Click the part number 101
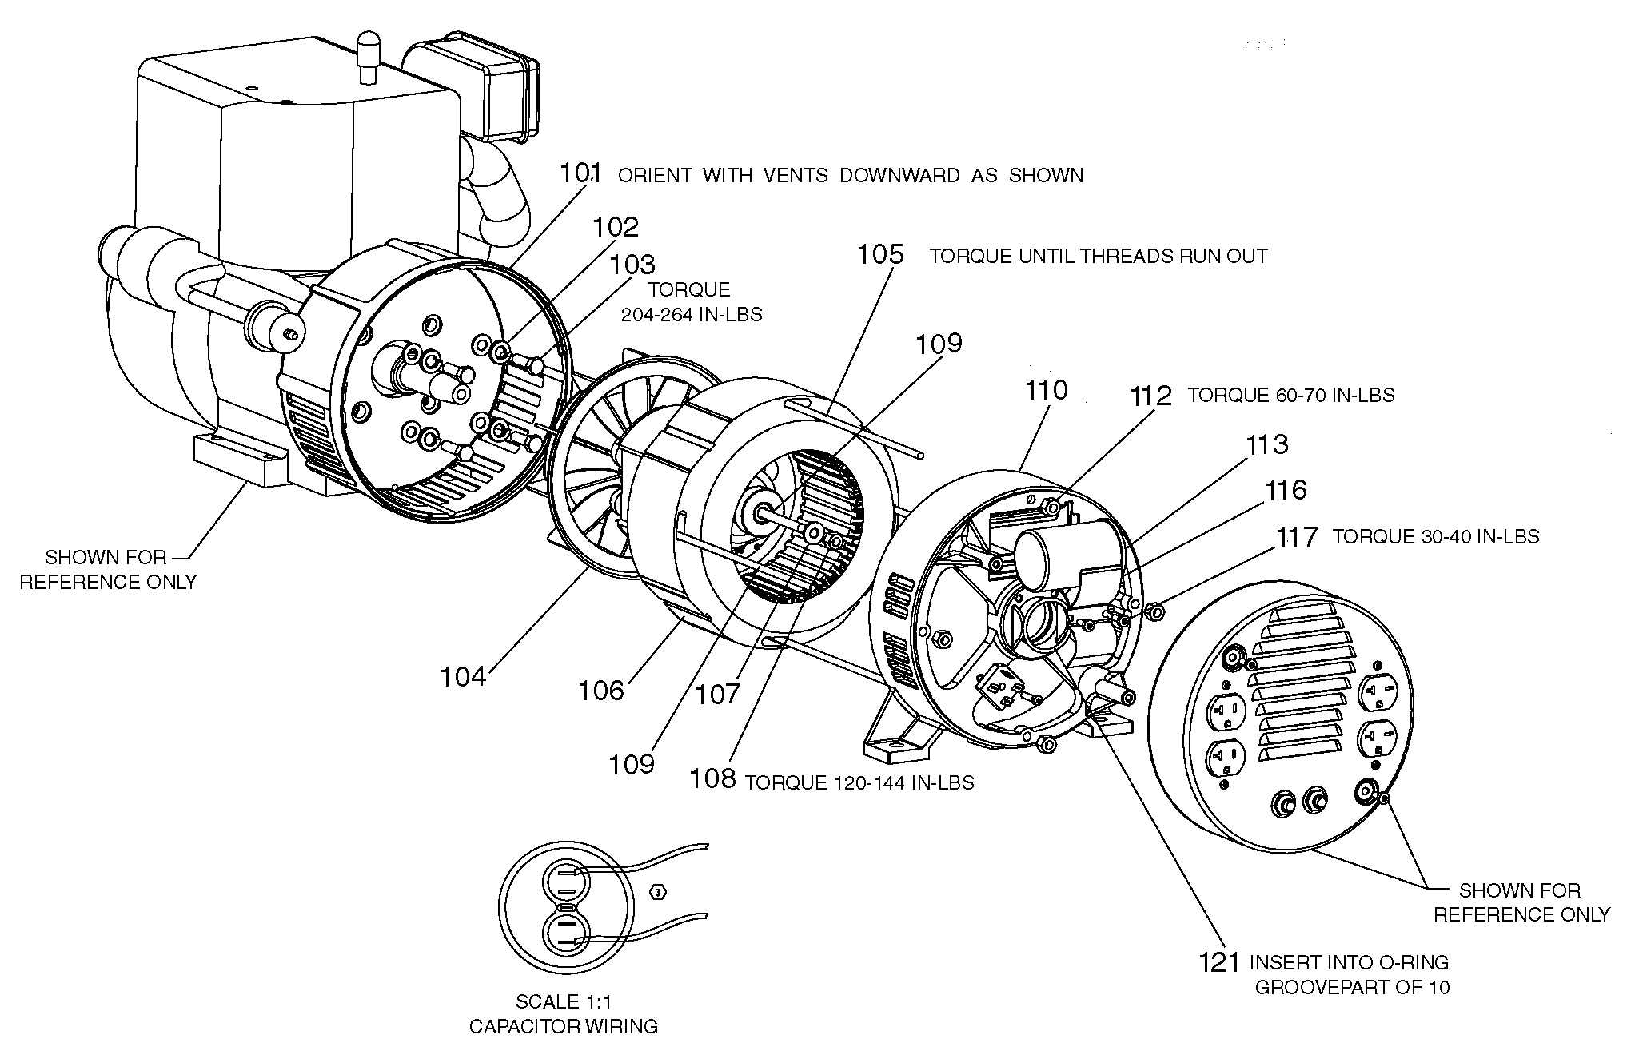(580, 173)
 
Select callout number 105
(880, 255)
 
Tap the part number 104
(463, 677)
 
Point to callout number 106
(600, 690)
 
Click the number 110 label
(1046, 390)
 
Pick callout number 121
(1219, 962)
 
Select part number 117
(1296, 536)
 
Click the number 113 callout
(1266, 444)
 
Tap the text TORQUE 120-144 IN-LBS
(859, 782)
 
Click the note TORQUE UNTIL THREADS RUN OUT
(1098, 257)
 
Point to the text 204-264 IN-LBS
(692, 315)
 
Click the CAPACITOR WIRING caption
(564, 1026)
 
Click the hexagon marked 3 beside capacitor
(658, 892)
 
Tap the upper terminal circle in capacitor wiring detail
(566, 883)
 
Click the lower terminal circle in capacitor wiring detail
(566, 936)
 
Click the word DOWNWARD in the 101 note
(899, 175)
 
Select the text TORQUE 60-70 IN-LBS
(1290, 396)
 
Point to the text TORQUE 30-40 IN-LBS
(1435, 536)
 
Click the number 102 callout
(616, 227)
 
